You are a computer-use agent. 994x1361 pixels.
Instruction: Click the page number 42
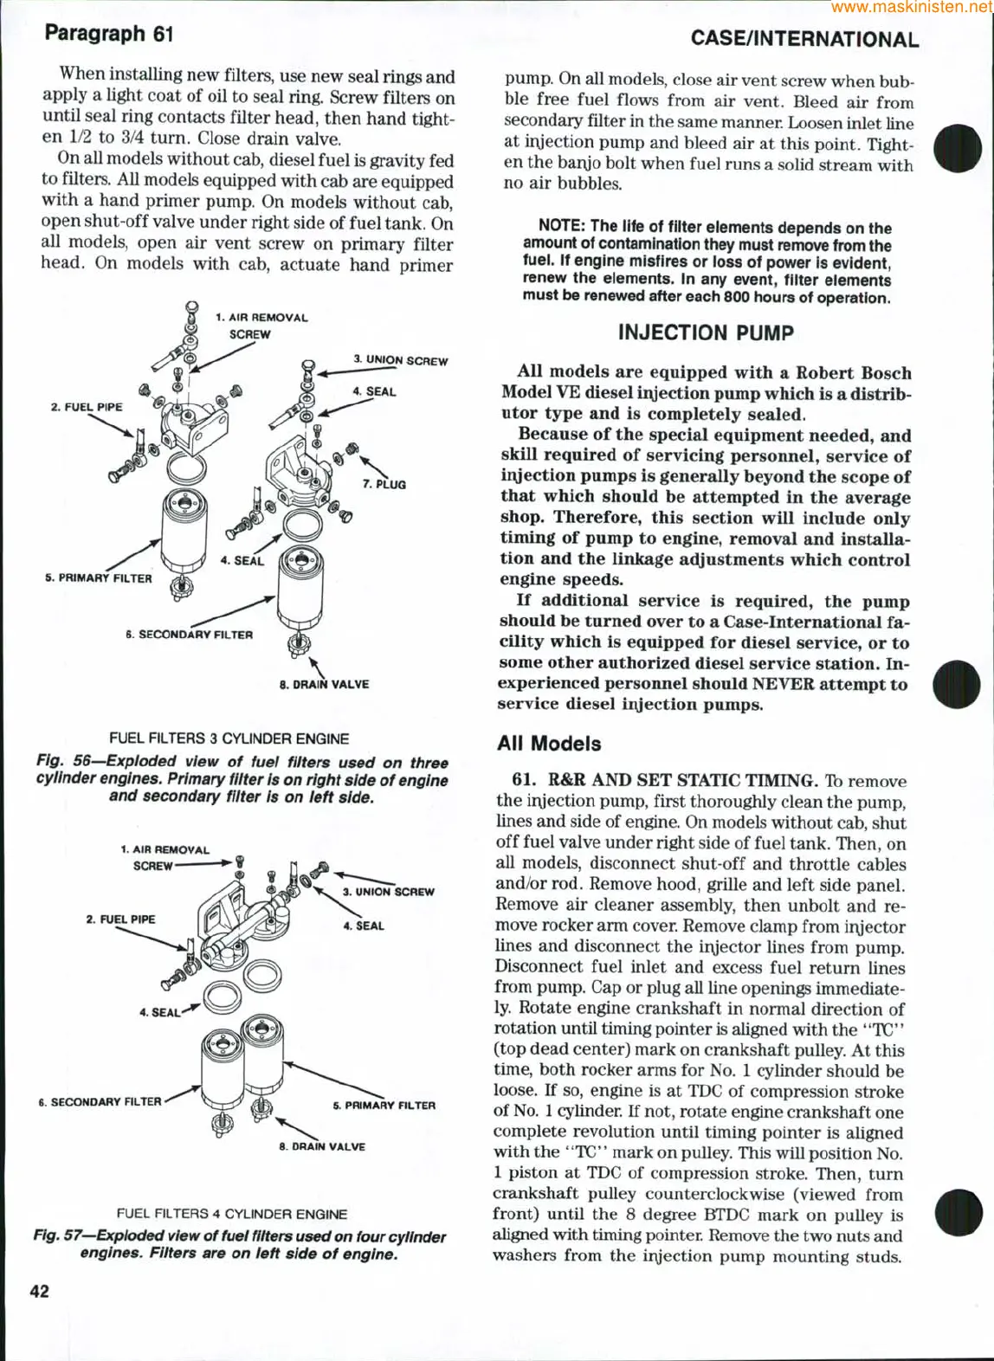click(x=40, y=1291)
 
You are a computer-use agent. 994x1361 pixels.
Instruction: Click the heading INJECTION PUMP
click(x=706, y=333)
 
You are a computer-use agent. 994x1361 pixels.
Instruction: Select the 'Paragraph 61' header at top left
click(x=109, y=34)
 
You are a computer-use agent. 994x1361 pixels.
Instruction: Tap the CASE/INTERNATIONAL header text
click(x=804, y=40)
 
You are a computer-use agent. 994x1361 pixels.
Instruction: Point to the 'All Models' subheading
click(x=549, y=744)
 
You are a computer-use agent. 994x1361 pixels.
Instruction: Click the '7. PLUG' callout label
click(x=384, y=485)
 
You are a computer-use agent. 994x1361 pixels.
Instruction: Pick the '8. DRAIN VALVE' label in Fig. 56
click(x=324, y=685)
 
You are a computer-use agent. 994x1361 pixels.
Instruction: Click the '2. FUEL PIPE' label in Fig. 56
click(x=87, y=407)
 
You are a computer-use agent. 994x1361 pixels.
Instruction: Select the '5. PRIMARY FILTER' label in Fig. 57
click(x=384, y=1106)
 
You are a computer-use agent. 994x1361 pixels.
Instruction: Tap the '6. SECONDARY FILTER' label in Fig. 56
click(x=189, y=635)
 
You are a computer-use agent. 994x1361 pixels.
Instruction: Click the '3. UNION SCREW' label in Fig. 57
click(x=388, y=892)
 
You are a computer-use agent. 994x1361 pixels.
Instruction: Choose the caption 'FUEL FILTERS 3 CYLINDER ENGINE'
click(x=229, y=739)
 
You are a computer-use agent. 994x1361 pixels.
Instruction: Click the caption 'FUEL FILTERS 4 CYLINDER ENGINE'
click(x=232, y=1214)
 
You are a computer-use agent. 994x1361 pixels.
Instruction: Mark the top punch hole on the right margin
click(x=958, y=147)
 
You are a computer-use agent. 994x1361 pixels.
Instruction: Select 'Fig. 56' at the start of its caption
click(x=63, y=761)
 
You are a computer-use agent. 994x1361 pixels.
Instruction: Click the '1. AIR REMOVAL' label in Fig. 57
click(x=165, y=850)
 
